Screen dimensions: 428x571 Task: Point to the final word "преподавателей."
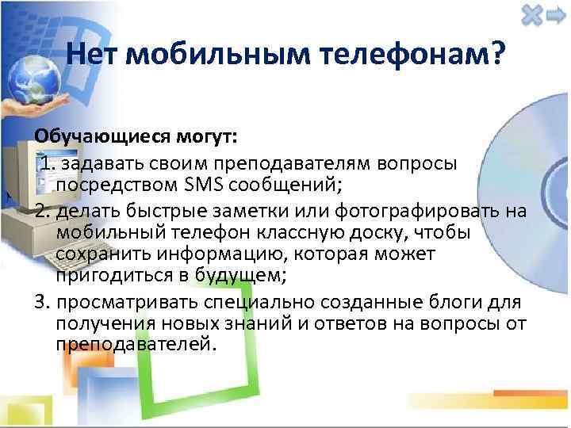(136, 346)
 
